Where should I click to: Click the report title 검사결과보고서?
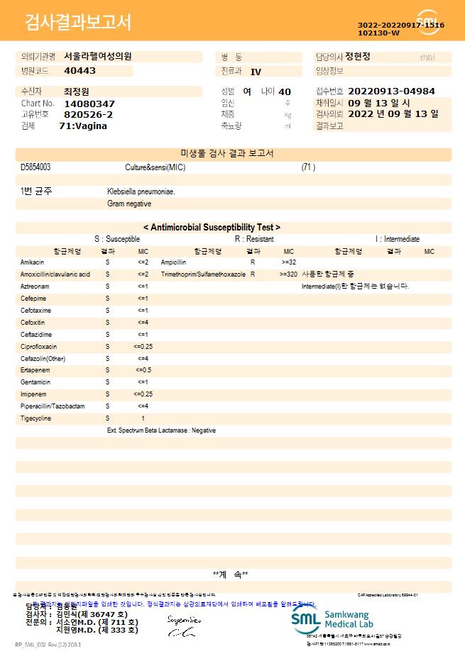pos(78,23)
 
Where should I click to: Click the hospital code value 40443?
pos(80,71)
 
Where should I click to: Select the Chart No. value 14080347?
pos(89,104)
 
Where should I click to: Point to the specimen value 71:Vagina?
pos(83,126)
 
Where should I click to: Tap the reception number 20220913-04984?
pos(391,91)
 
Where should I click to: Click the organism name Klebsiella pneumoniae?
pos(141,191)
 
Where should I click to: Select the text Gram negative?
pos(129,204)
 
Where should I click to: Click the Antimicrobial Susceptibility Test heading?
pos(212,228)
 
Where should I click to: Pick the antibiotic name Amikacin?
pos(32,262)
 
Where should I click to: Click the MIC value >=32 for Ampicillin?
pos(289,262)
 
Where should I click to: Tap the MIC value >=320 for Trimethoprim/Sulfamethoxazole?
pos(288,274)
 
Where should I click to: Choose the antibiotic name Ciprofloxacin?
pos(38,347)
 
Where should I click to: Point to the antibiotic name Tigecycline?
pos(36,418)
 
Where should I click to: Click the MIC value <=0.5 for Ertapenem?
pos(143,370)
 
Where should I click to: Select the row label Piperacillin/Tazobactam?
pos(53,406)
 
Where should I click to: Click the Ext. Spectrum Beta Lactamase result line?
pos(161,430)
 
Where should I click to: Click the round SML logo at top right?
pos(427,21)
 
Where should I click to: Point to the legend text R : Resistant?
pos(254,240)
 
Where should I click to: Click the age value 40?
pos(285,91)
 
